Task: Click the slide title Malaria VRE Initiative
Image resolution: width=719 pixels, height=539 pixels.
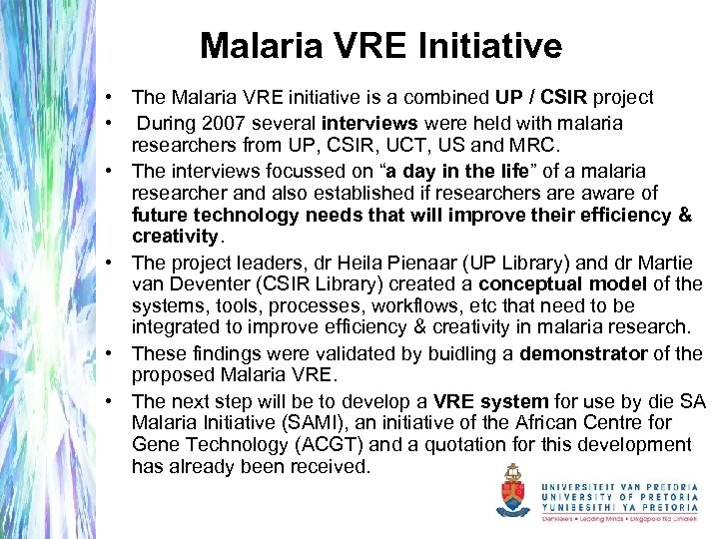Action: [380, 46]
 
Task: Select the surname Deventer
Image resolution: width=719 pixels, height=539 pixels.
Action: [213, 283]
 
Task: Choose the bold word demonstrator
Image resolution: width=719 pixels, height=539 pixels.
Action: [586, 353]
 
